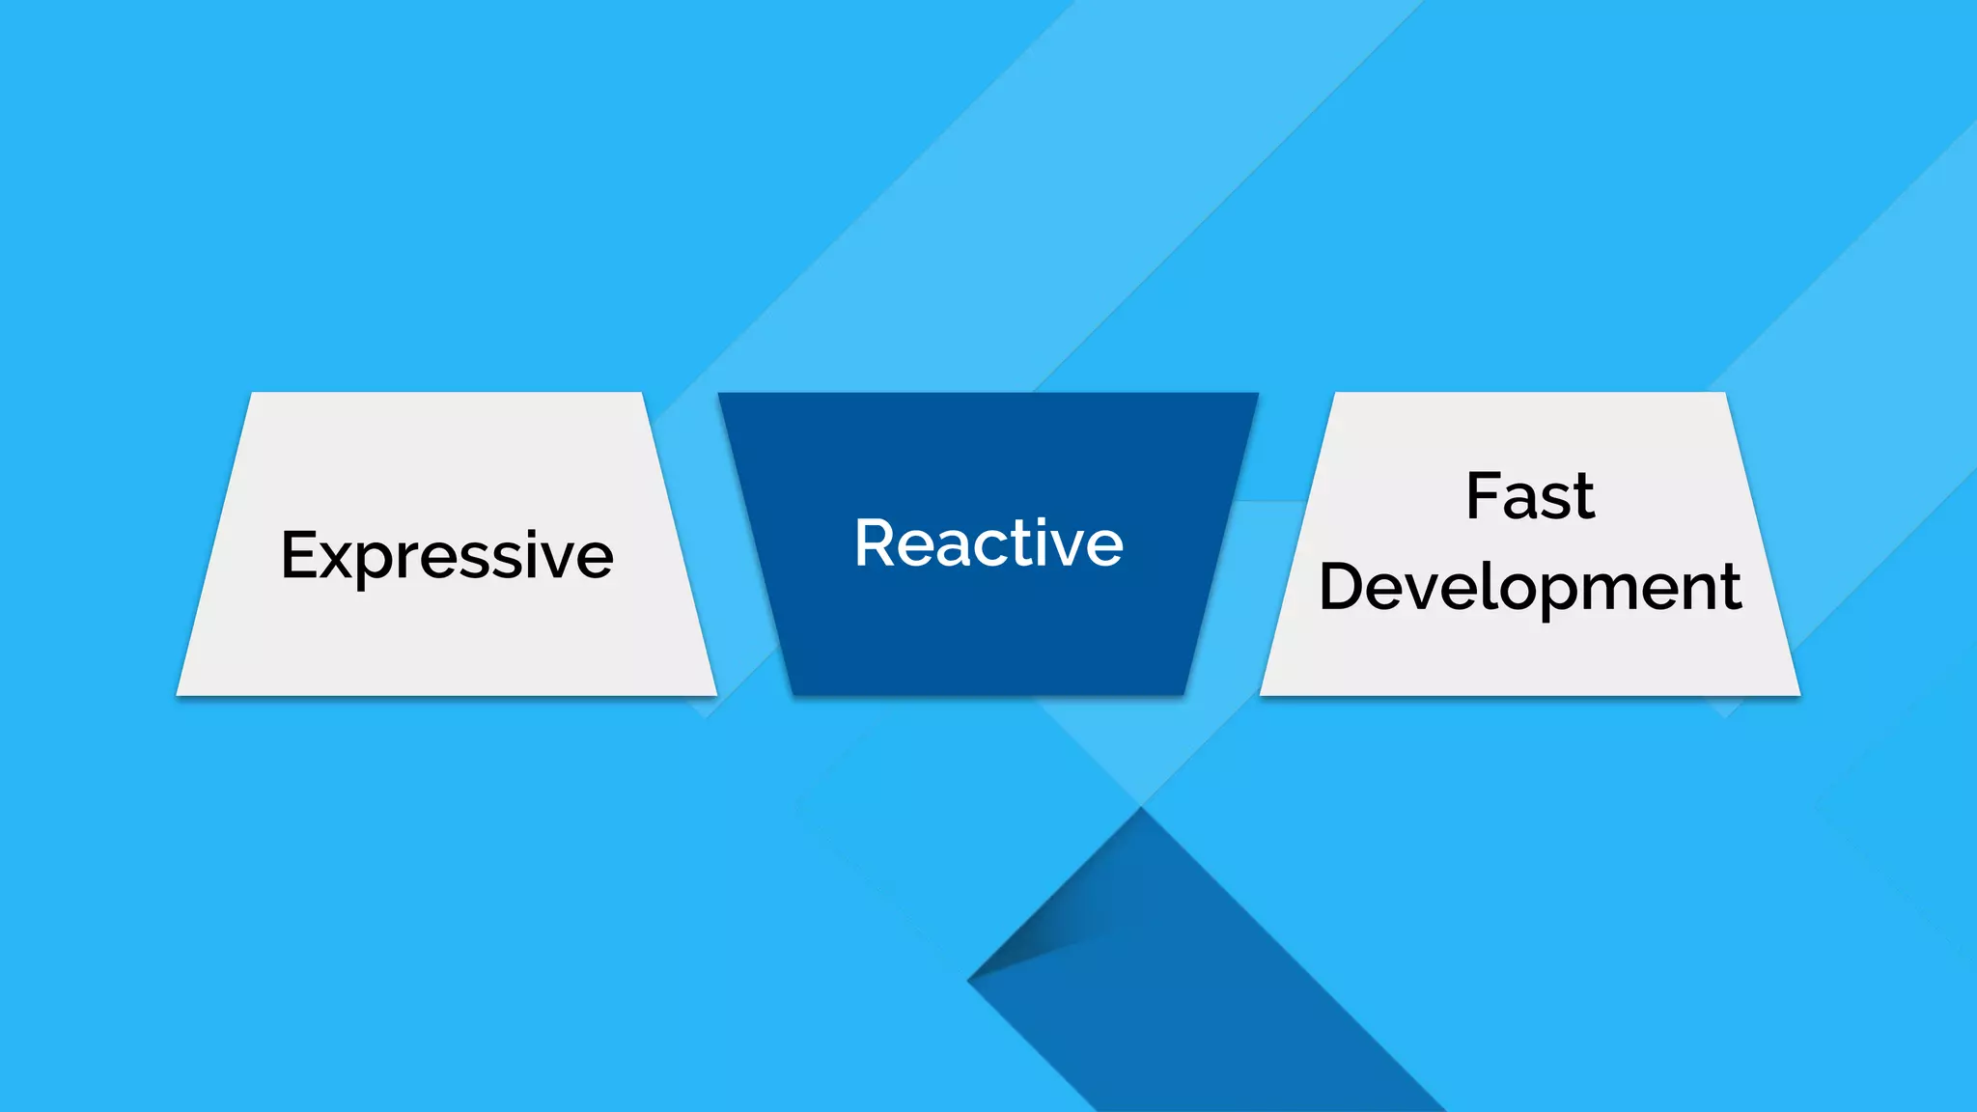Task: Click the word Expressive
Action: [447, 556]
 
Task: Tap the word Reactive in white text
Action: [988, 543]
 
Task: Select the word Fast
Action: [1530, 497]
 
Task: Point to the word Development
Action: [1530, 587]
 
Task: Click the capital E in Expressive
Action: [298, 555]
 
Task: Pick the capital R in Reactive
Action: [877, 542]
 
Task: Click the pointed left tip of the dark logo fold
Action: [969, 980]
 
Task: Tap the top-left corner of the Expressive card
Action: [253, 394]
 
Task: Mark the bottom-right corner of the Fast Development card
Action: [1798, 693]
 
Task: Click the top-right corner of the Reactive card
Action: [1257, 394]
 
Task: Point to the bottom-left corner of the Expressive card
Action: [179, 693]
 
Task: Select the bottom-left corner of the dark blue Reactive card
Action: [794, 693]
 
